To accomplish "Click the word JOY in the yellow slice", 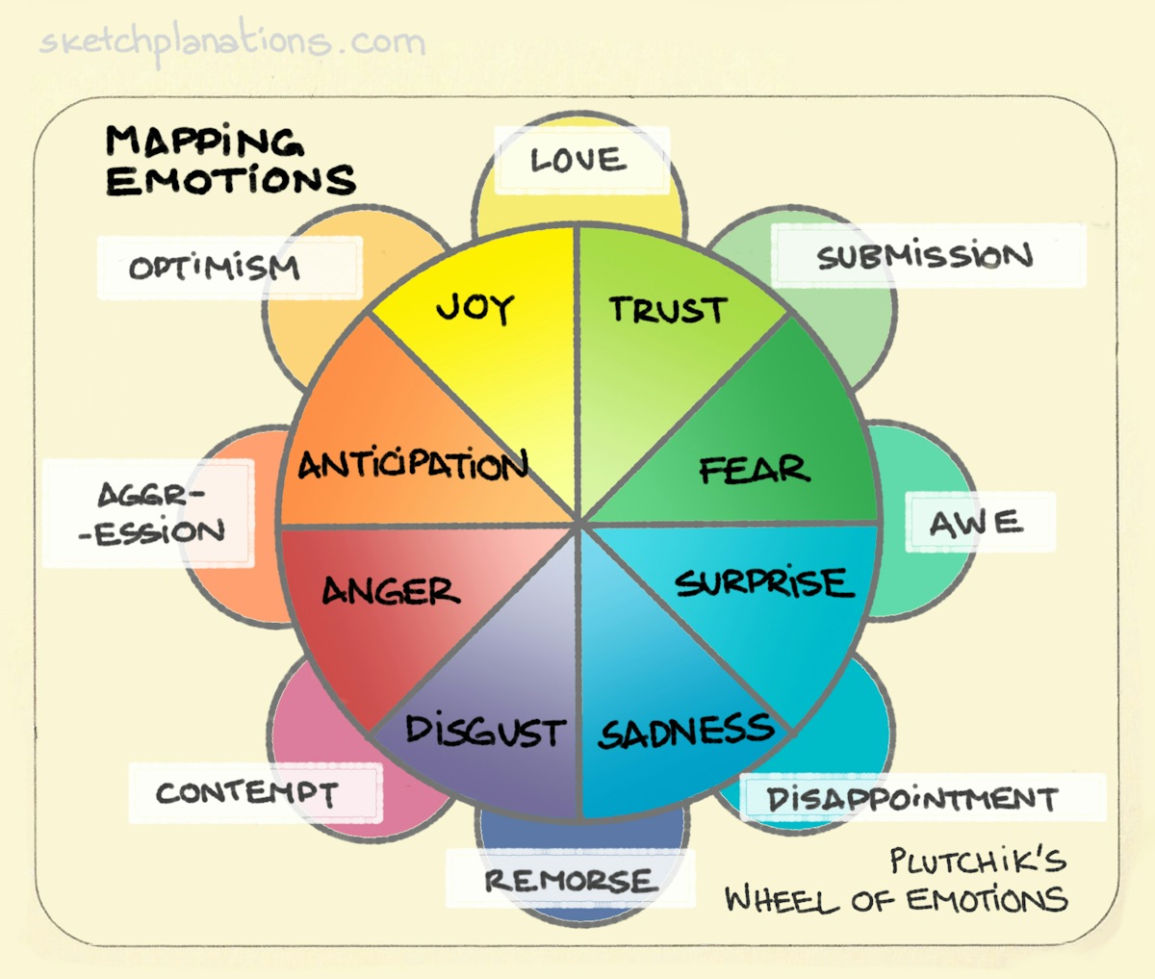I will pyautogui.click(x=475, y=308).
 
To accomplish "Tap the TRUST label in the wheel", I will pyautogui.click(x=667, y=310).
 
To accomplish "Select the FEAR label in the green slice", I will pyautogui.click(x=754, y=470).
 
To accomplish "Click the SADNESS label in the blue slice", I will pyautogui.click(x=685, y=732).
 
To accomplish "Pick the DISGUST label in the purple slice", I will pyautogui.click(x=484, y=731).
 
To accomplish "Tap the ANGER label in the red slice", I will pyautogui.click(x=391, y=590).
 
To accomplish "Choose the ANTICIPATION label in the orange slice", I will pyautogui.click(x=413, y=466).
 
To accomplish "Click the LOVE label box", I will pyautogui.click(x=580, y=160).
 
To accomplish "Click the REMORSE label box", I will pyautogui.click(x=570, y=879).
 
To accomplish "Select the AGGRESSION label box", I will pyautogui.click(x=151, y=513).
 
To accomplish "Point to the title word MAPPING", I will pyautogui.click(x=204, y=142).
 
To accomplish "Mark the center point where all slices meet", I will pyautogui.click(x=578, y=525).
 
